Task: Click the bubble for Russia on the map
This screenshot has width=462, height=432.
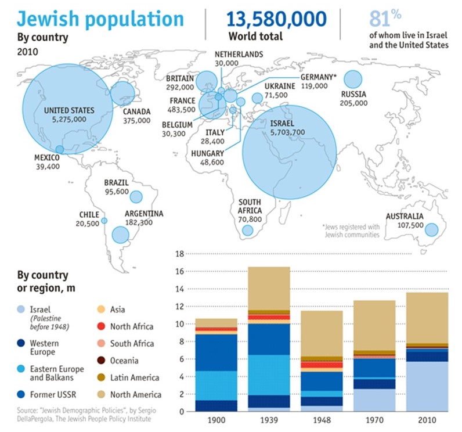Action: pos(353,79)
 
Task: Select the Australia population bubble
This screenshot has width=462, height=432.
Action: pos(431,230)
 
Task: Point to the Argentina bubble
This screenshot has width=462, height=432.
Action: pos(120,235)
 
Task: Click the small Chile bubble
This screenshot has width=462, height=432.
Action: pos(104,221)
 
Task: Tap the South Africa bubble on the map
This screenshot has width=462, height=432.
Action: pos(248,231)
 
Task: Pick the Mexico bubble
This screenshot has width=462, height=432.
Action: pos(60,149)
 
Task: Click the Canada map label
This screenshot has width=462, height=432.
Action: pos(137,111)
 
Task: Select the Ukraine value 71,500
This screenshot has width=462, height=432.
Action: pos(276,95)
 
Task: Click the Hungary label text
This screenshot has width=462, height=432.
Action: pos(207,153)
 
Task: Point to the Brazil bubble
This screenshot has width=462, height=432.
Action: pos(136,197)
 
